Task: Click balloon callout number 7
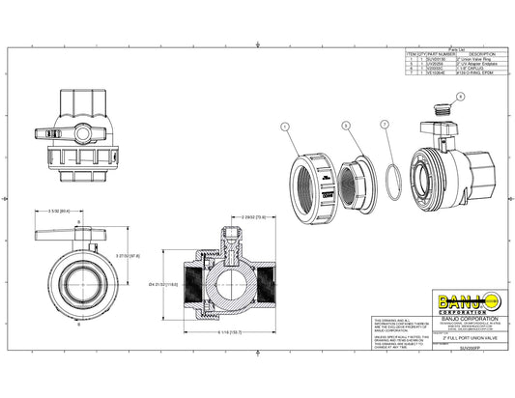coord(385,124)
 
